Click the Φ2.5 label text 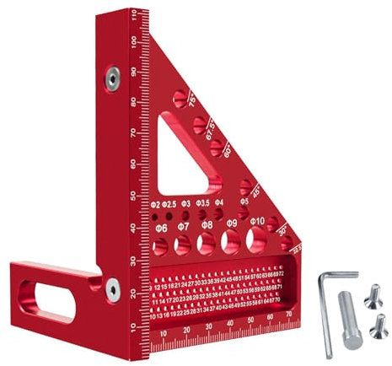[x=170, y=204]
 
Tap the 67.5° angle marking [x=212, y=130]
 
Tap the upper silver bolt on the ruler [x=110, y=78]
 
